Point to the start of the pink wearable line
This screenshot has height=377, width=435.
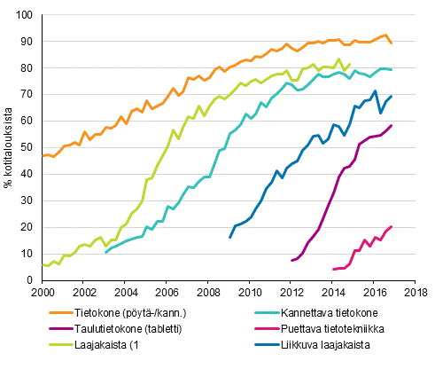332,269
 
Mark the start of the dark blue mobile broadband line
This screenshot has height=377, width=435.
229,237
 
